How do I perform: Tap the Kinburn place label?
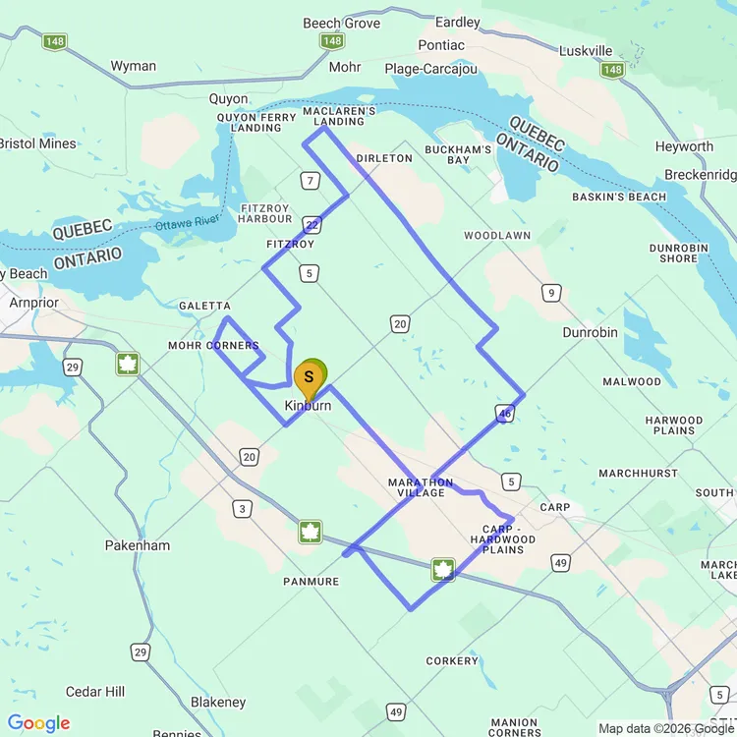click(309, 406)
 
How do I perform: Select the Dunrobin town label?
click(590, 332)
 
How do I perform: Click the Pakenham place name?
click(137, 545)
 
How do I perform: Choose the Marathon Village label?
click(421, 487)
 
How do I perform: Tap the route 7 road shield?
click(312, 181)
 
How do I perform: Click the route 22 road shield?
click(312, 224)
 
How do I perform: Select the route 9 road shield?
click(553, 292)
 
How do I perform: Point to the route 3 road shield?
click(241, 508)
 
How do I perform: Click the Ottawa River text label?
click(187, 224)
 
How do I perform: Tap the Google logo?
click(39, 723)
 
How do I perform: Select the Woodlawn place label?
click(497, 236)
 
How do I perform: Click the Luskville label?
click(586, 51)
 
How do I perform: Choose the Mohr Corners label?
click(213, 346)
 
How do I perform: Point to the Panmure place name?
click(312, 582)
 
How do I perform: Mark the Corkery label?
click(452, 661)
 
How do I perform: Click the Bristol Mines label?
click(37, 143)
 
